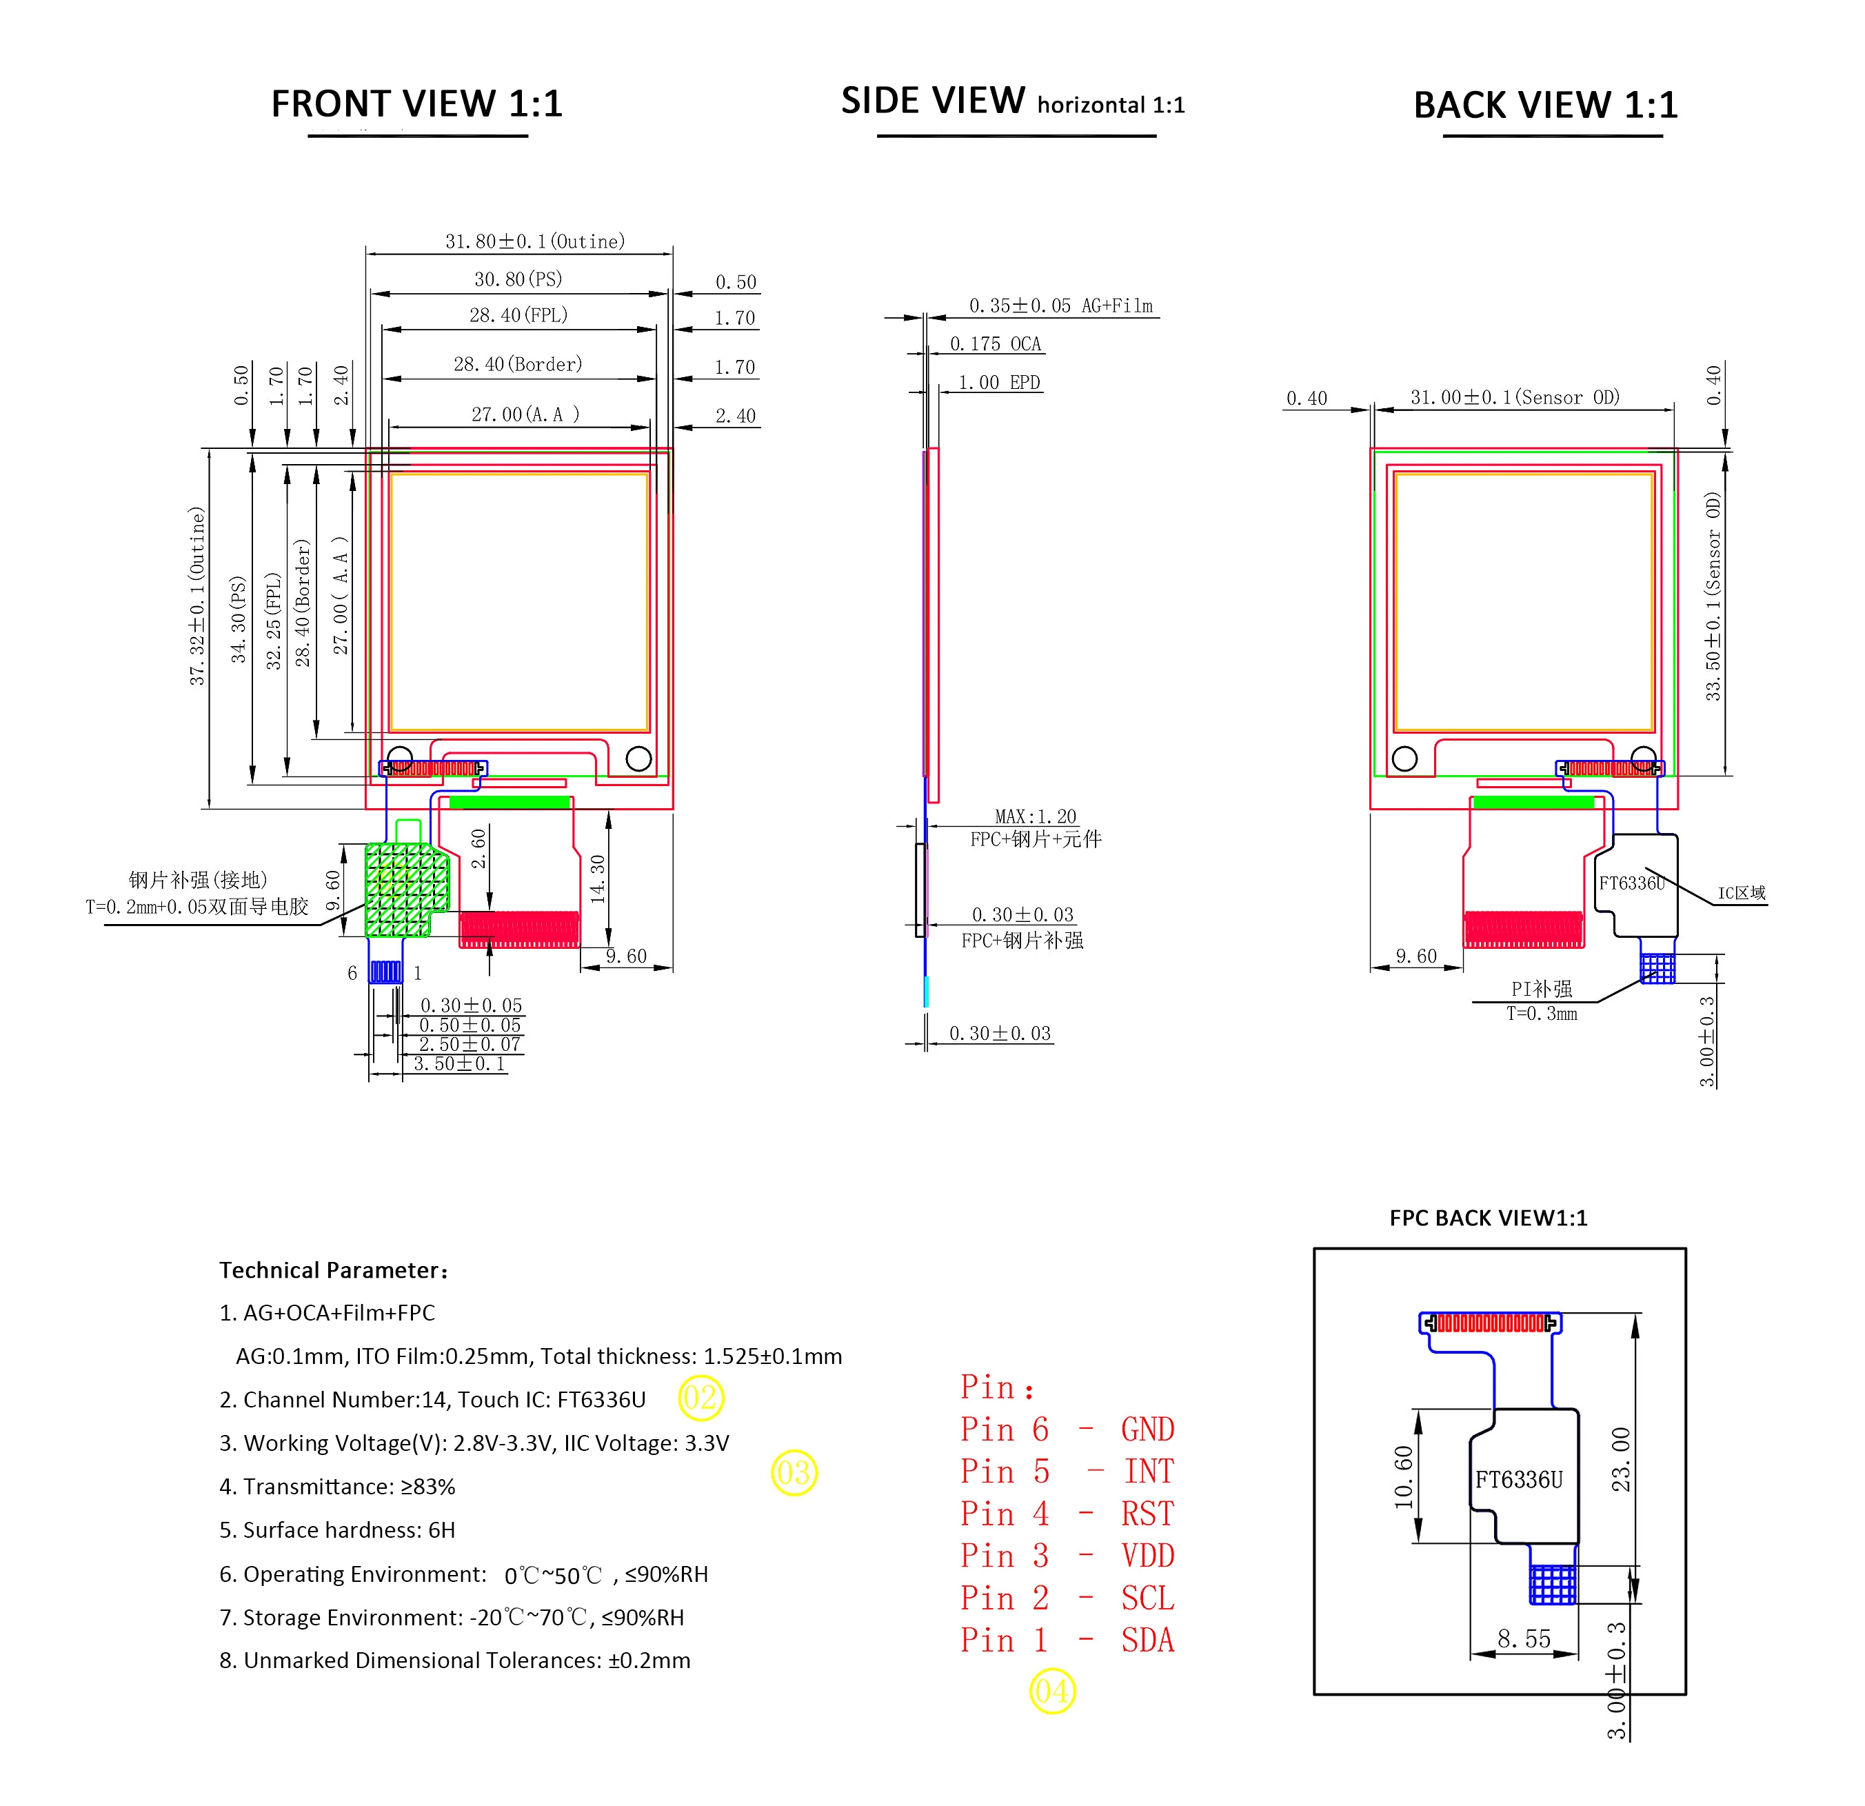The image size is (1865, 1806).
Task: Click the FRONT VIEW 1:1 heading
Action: click(x=416, y=103)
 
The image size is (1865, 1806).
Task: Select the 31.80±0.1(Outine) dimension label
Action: click(x=535, y=241)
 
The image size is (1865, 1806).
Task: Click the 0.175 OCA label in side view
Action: click(x=996, y=343)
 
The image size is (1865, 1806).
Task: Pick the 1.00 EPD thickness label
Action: click(x=999, y=383)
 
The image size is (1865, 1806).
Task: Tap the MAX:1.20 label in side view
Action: click(x=1036, y=816)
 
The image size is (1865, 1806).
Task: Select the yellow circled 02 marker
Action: click(x=701, y=1398)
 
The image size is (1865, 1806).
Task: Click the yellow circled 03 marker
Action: click(x=794, y=1473)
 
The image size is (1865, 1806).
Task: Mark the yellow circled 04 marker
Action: click(x=1052, y=1692)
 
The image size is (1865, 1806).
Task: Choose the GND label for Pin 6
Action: click(x=1147, y=1429)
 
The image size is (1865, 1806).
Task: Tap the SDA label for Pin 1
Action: click(x=1147, y=1641)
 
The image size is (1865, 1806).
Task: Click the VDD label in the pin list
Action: click(x=1147, y=1556)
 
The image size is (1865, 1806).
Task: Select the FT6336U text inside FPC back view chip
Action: click(x=1519, y=1480)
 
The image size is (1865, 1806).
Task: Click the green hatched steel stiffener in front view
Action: click(x=406, y=890)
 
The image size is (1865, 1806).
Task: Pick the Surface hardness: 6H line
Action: click(x=337, y=1530)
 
